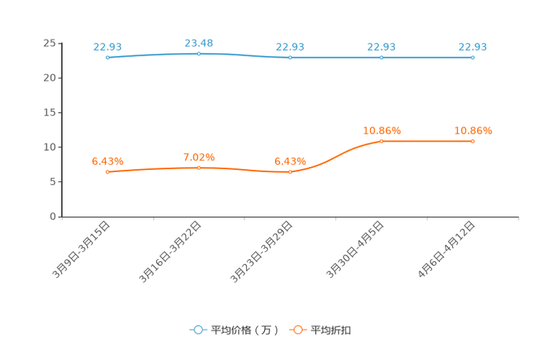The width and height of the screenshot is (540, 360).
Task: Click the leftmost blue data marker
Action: pyautogui.click(x=107, y=57)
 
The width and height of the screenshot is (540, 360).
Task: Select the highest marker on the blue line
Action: pyautogui.click(x=198, y=53)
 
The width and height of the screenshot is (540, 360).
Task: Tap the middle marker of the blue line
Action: pyautogui.click(x=290, y=57)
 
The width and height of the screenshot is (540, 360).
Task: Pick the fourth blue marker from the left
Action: pyautogui.click(x=381, y=57)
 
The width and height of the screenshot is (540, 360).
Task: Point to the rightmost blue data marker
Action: pyautogui.click(x=472, y=57)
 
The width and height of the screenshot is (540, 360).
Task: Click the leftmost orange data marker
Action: pyautogui.click(x=107, y=171)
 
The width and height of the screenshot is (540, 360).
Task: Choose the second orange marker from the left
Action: pyautogui.click(x=198, y=168)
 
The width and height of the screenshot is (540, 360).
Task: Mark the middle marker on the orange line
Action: pyautogui.click(x=290, y=171)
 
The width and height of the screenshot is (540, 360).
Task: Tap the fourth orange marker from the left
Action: pyautogui.click(x=381, y=141)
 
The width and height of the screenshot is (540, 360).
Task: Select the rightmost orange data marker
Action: pyautogui.click(x=472, y=141)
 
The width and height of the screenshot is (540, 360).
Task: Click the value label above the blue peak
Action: pyautogui.click(x=198, y=44)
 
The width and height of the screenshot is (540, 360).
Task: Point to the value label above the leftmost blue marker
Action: pyautogui.click(x=107, y=47)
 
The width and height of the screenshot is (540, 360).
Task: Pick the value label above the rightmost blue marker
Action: pyautogui.click(x=472, y=47)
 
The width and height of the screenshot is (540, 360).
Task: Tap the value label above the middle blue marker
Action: pyautogui.click(x=290, y=47)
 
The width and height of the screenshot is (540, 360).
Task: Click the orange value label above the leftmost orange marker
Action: pyautogui.click(x=107, y=160)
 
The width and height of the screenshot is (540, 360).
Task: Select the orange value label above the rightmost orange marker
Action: pyautogui.click(x=472, y=131)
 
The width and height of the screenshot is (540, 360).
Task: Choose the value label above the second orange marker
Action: pyautogui.click(x=198, y=157)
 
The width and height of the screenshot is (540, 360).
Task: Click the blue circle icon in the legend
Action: pyautogui.click(x=197, y=330)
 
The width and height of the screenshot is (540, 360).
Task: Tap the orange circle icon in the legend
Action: pyautogui.click(x=298, y=330)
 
